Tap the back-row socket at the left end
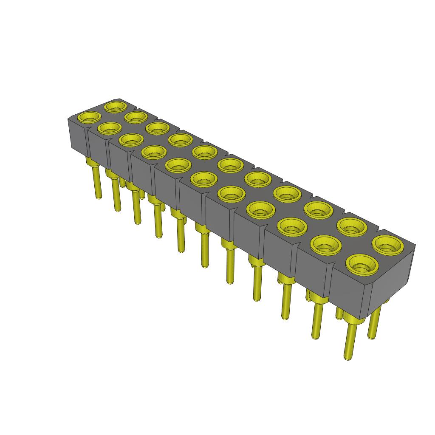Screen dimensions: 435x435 click(x=116, y=106)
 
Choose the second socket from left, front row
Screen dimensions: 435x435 click(x=110, y=127)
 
